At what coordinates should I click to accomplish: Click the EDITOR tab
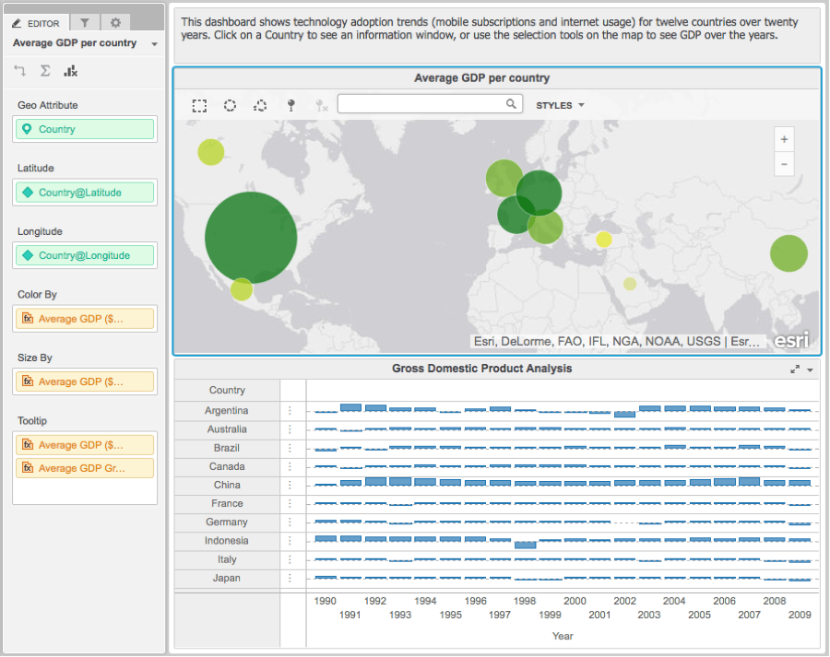tap(36, 23)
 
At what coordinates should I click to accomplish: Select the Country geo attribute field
tap(85, 129)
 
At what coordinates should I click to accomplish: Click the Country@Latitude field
tap(85, 193)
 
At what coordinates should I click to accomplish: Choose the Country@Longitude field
tap(85, 255)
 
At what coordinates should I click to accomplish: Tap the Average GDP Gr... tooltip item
tap(85, 468)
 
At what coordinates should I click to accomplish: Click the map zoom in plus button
tap(784, 139)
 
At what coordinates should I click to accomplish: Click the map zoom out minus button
tap(784, 164)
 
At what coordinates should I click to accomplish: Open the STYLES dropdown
tap(560, 105)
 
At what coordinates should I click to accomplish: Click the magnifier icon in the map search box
tap(511, 104)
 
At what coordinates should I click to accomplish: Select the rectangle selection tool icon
tap(199, 106)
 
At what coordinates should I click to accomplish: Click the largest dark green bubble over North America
tap(251, 238)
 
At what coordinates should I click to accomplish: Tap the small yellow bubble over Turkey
tap(604, 240)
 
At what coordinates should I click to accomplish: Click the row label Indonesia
tap(227, 541)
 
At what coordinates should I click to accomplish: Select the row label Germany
tap(227, 522)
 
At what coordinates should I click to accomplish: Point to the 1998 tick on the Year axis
tap(525, 601)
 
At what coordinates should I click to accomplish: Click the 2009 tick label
tap(800, 615)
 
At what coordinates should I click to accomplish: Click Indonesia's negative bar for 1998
tap(525, 545)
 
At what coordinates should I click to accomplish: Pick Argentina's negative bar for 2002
tap(624, 415)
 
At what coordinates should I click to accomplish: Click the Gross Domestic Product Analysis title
tap(481, 369)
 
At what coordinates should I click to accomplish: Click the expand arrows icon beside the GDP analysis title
tap(795, 370)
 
